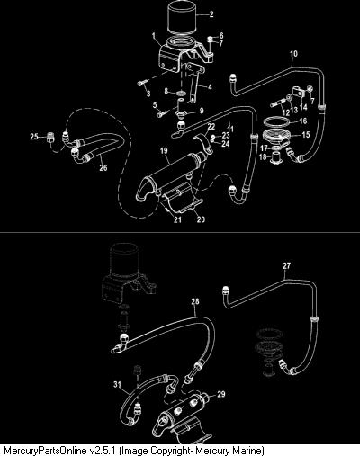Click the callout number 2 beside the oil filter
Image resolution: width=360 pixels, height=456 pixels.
(211, 14)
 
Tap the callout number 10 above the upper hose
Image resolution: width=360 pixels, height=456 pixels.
(293, 54)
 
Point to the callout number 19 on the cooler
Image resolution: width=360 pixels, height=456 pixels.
(164, 151)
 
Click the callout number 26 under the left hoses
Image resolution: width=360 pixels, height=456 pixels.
(103, 167)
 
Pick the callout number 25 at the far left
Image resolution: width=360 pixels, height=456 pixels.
(34, 137)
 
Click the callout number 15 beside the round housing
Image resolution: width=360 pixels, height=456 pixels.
(306, 135)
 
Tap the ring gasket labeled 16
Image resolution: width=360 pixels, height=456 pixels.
(276, 122)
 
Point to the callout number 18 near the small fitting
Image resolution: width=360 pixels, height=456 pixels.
(263, 156)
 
